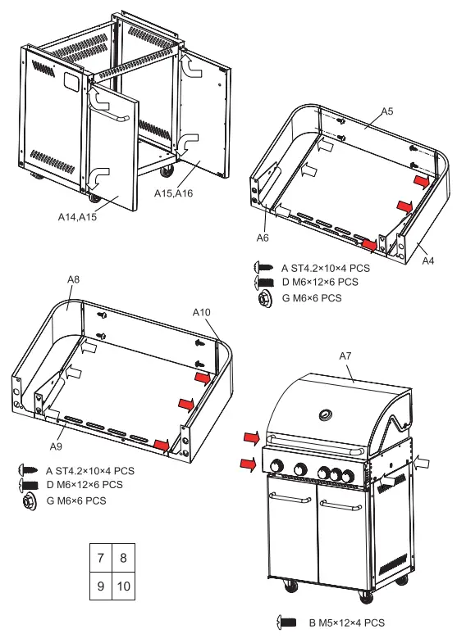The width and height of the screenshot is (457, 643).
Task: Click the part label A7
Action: pos(345,355)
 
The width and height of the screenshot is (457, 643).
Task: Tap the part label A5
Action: pos(387,111)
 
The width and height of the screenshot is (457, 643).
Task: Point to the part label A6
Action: pos(263,238)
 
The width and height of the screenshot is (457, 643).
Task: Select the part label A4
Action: pos(427,260)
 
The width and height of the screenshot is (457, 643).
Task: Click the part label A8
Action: pos(73,280)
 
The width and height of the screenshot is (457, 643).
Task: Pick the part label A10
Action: pos(202,312)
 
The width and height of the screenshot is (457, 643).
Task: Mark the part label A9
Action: pos(56,446)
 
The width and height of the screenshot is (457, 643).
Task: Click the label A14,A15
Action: pos(77,217)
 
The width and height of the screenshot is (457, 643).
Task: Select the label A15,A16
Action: pos(174,193)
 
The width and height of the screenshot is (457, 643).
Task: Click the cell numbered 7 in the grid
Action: pos(100,559)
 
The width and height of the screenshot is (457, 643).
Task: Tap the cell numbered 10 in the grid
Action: pos(124,587)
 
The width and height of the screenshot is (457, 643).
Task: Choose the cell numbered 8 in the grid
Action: pos(124,559)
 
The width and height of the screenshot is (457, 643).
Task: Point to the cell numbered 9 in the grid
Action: pos(100,587)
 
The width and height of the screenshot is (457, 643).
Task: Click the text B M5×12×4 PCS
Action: pos(346,623)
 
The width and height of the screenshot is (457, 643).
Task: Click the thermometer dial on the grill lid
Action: pos(327,414)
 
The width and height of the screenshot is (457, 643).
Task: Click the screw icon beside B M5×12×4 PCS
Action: pos(287,623)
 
